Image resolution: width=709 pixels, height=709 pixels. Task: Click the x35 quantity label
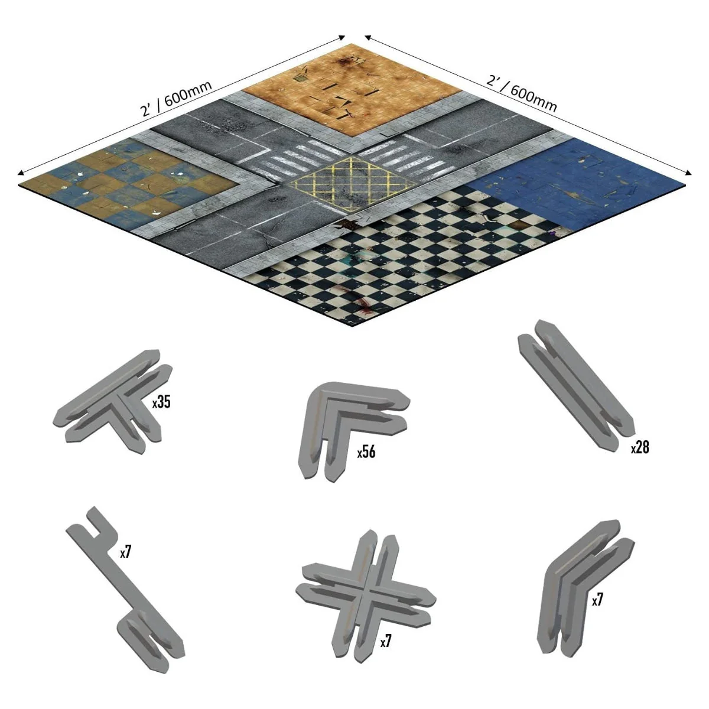click(x=161, y=402)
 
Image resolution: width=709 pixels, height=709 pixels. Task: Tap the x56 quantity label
click(x=366, y=452)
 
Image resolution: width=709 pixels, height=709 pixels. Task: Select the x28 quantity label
click(x=640, y=447)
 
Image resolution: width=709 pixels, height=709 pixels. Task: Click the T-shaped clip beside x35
click(x=110, y=401)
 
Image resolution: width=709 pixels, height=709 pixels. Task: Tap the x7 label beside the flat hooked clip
click(x=125, y=552)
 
